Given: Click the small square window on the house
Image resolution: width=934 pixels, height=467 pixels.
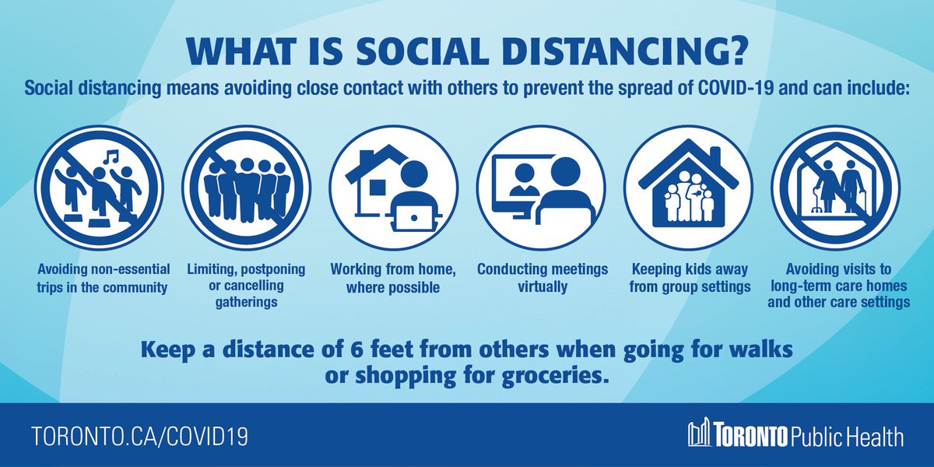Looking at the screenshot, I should coord(377,187).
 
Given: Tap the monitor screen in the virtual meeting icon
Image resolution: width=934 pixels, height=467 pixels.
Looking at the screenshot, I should coord(514,183).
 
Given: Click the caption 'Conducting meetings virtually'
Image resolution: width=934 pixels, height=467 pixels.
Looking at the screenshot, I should coord(542,278).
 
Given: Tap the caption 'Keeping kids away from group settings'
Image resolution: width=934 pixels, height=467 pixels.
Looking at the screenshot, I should coord(690,278).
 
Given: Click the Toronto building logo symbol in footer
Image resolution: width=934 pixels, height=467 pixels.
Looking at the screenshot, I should coord(700,434).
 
